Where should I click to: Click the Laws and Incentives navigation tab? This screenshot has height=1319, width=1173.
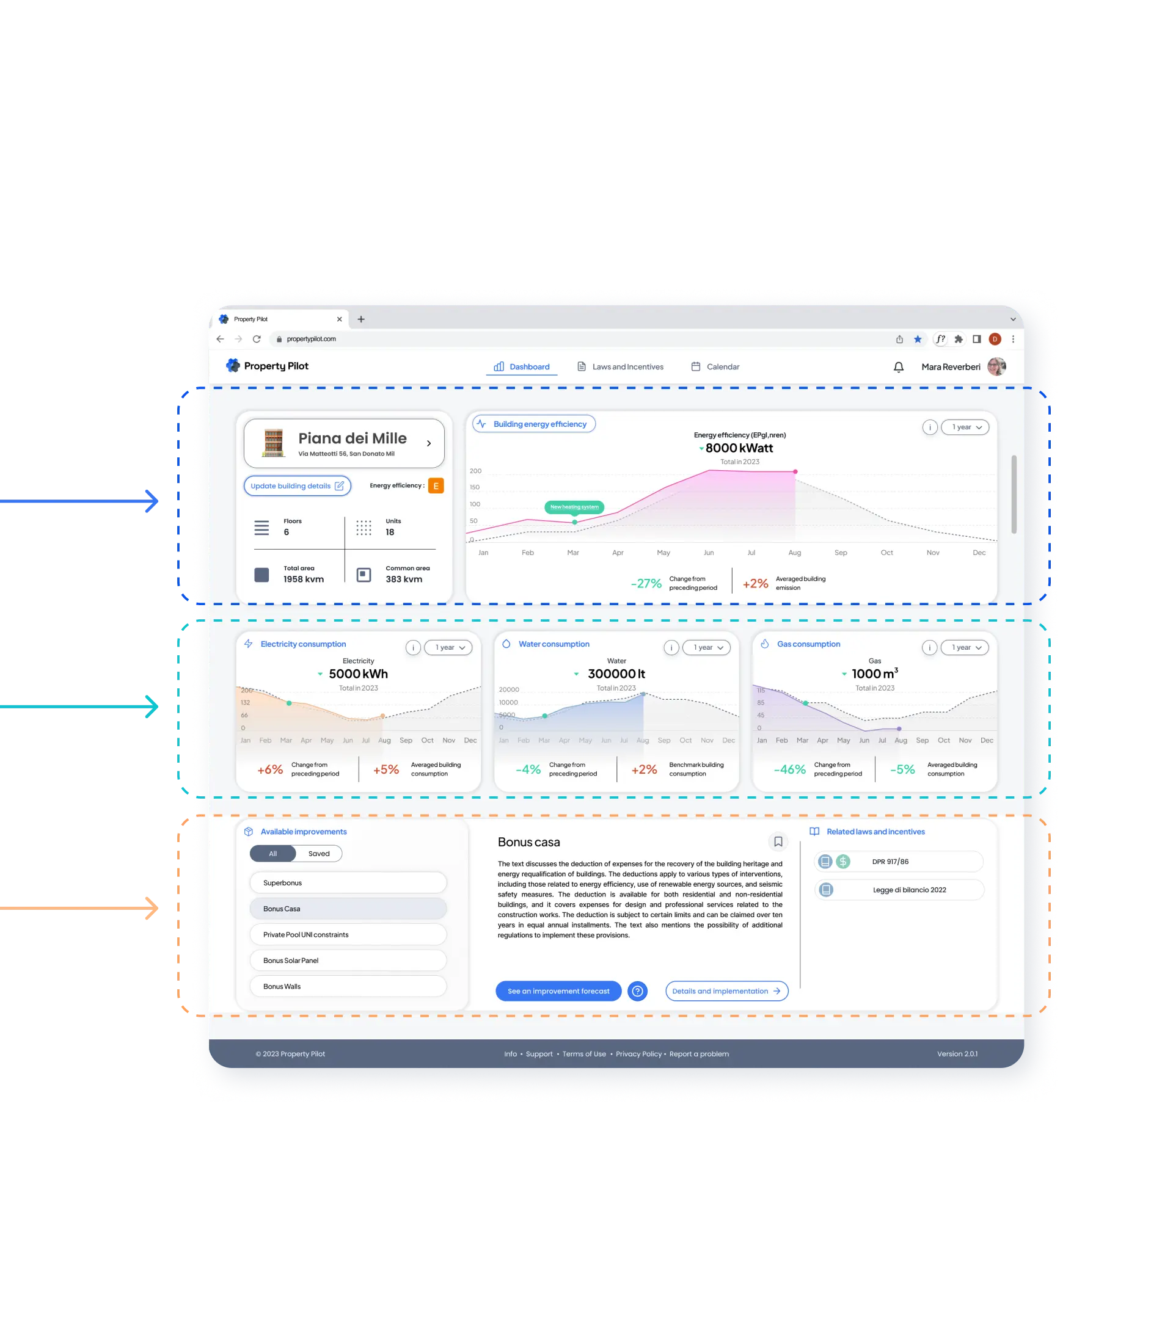coord(620,366)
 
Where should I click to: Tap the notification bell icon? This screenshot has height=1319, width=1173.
coord(898,367)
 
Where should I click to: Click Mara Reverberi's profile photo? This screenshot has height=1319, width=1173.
coord(996,366)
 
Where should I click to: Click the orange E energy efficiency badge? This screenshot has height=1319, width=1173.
coord(436,486)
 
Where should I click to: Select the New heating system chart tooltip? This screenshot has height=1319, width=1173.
coord(574,507)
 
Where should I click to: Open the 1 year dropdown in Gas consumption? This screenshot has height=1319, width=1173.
coord(965,647)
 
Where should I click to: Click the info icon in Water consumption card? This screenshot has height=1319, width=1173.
coord(671,647)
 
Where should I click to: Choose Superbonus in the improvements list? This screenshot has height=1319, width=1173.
coord(348,883)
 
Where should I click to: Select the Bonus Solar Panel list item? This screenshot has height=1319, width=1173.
coord(348,960)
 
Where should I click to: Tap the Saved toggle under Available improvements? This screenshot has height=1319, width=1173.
coord(319,854)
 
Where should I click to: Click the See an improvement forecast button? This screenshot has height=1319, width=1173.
coord(558,991)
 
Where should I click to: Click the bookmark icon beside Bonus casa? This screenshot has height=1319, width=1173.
coord(778,841)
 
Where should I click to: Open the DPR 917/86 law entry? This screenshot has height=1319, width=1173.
coord(899,862)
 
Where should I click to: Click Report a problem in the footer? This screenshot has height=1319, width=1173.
coord(699,1054)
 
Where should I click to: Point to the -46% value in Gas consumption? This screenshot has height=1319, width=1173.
coord(789,769)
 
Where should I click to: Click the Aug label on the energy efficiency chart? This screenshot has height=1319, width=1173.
coord(795,553)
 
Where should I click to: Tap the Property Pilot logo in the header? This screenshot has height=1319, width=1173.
coord(267,366)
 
